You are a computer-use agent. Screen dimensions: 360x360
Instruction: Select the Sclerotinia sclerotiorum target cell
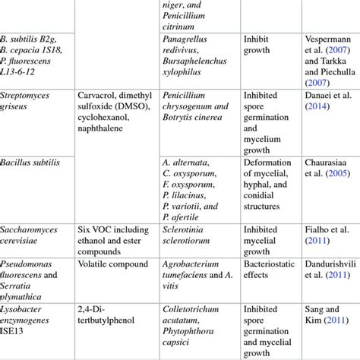click(188, 235)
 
